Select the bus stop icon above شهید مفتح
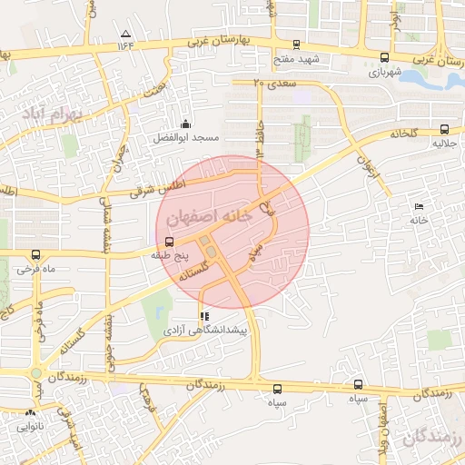click(x=295, y=44)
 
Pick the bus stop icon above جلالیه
click(x=444, y=130)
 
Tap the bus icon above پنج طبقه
click(x=169, y=242)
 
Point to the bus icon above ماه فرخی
click(x=36, y=256)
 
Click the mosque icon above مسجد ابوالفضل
click(x=185, y=124)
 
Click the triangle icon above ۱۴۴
click(x=124, y=34)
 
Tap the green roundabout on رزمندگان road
click(x=35, y=373)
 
